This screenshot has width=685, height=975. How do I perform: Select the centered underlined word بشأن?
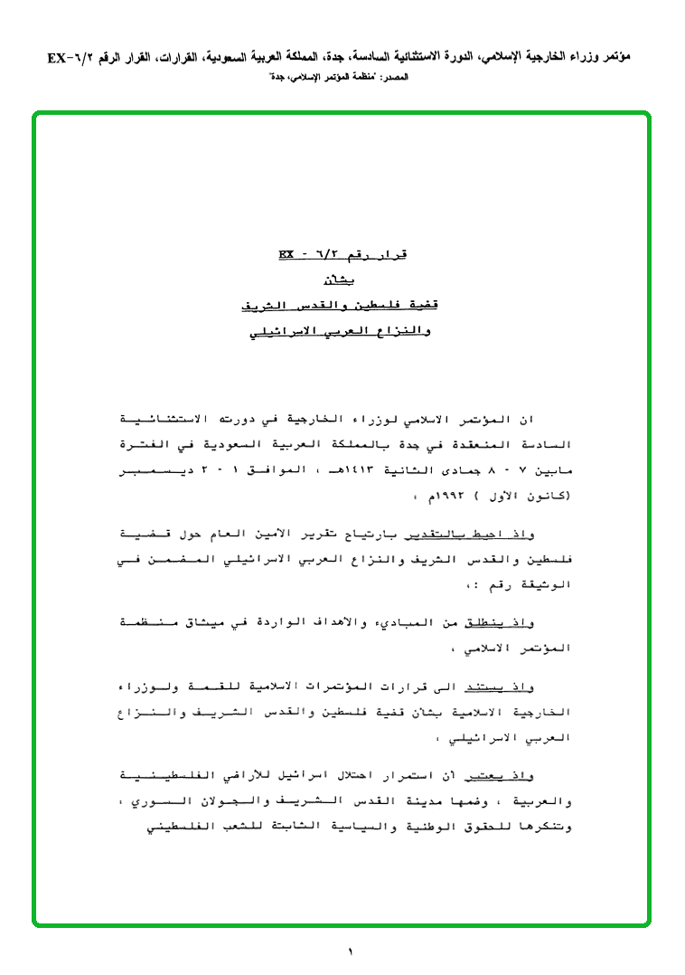[342, 281]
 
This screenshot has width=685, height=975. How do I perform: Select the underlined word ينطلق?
[489, 621]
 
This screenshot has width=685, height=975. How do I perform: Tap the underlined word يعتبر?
[489, 775]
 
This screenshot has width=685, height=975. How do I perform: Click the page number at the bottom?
[350, 951]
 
